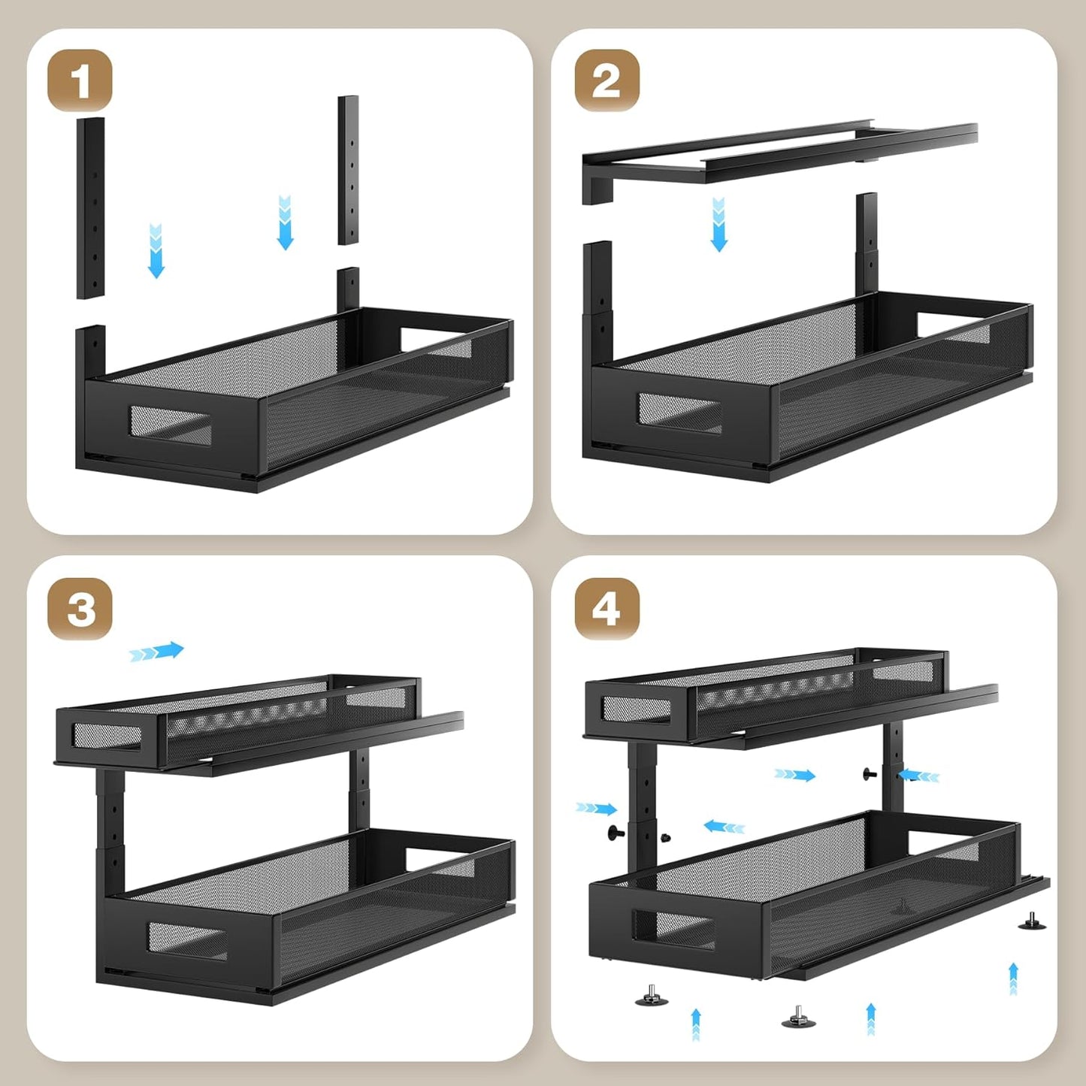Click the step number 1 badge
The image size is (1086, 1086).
[x=80, y=80]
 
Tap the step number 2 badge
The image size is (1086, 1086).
[x=607, y=80]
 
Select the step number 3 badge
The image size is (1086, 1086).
[x=80, y=608]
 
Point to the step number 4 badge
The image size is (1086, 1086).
[x=607, y=608]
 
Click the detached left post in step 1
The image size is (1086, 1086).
[x=90, y=207]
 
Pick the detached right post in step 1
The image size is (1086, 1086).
[x=348, y=170]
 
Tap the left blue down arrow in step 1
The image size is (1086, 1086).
[x=156, y=251]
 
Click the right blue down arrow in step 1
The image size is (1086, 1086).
[x=285, y=222]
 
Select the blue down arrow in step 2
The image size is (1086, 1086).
[x=718, y=225]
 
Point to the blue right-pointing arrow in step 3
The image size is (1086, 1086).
[x=156, y=652]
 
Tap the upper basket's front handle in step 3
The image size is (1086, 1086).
[x=107, y=736]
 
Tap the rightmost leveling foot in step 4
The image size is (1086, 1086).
[x=1032, y=921]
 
